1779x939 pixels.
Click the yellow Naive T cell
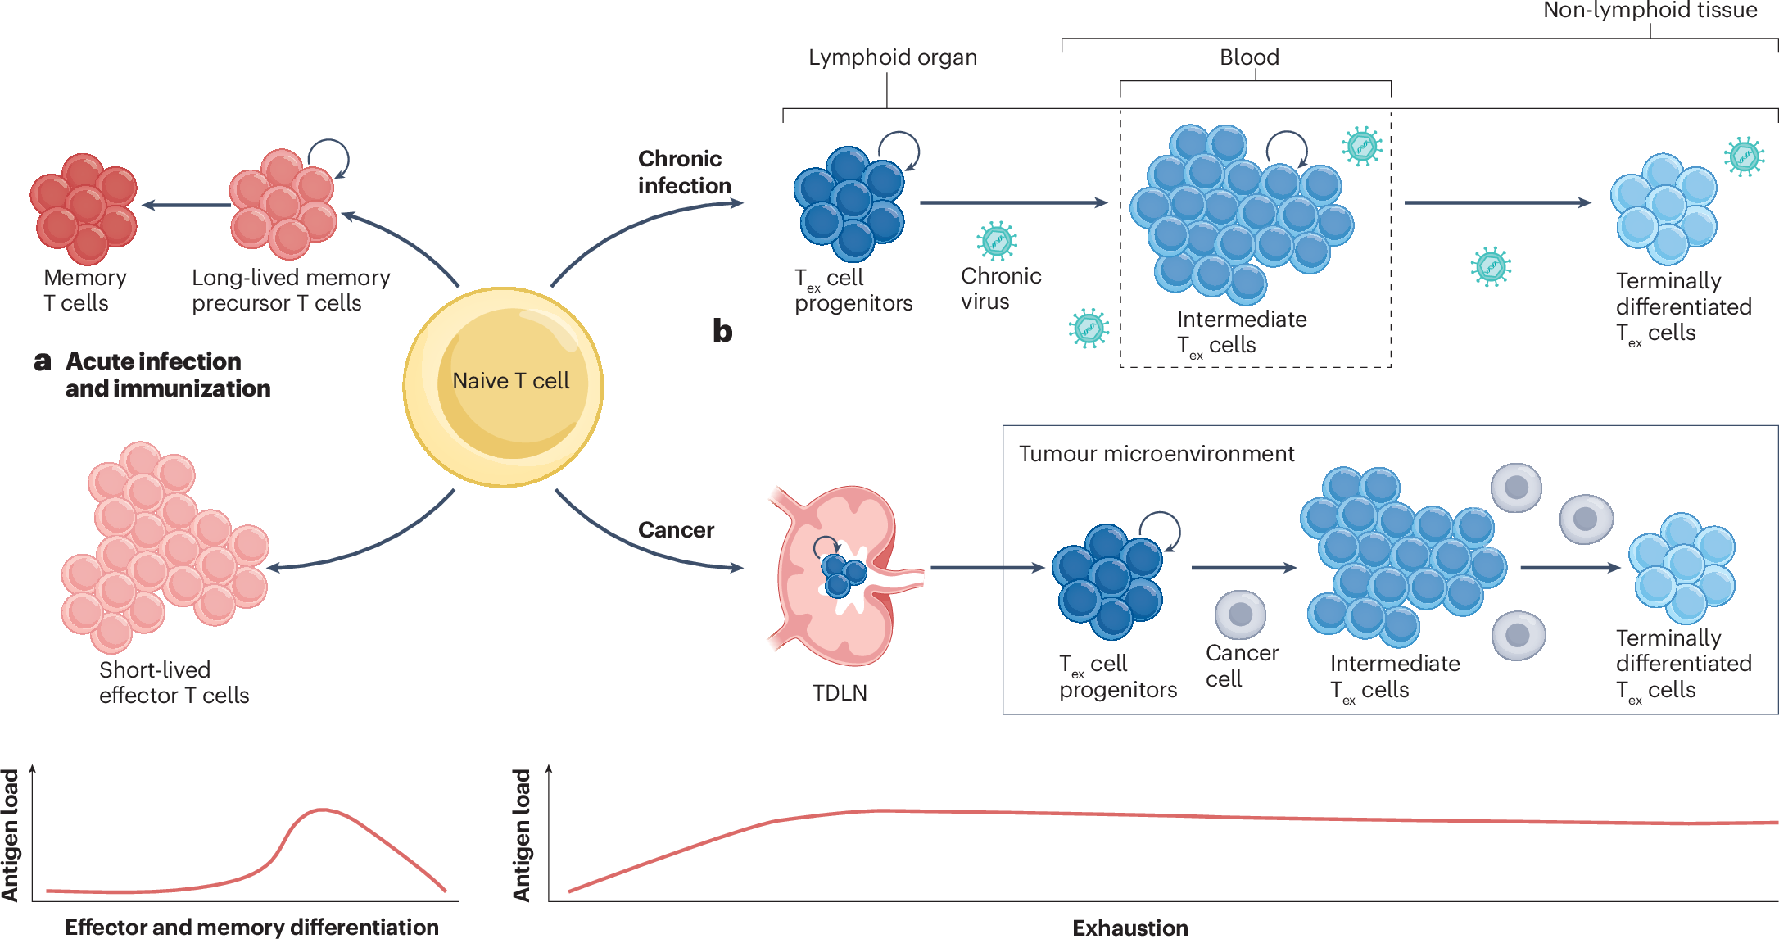503,387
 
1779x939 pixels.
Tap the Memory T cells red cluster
84,208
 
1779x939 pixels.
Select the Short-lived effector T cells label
174,683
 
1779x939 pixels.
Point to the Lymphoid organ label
892,57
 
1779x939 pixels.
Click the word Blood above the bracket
1249,57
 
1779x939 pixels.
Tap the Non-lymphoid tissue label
1650,11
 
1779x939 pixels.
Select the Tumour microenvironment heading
1156,454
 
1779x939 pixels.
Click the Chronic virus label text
1000,288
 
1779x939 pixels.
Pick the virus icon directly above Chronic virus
996,241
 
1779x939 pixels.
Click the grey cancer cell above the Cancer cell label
1240,615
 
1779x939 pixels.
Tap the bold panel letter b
722,331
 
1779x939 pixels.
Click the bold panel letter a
43,361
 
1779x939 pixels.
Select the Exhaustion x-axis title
1129,928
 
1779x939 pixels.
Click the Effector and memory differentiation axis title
251,927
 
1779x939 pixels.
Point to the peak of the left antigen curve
322,810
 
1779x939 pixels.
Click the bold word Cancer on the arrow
676,530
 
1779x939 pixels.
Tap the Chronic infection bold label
684,172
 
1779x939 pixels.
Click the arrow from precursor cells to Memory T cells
187,205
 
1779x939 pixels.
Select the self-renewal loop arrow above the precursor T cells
329,157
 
